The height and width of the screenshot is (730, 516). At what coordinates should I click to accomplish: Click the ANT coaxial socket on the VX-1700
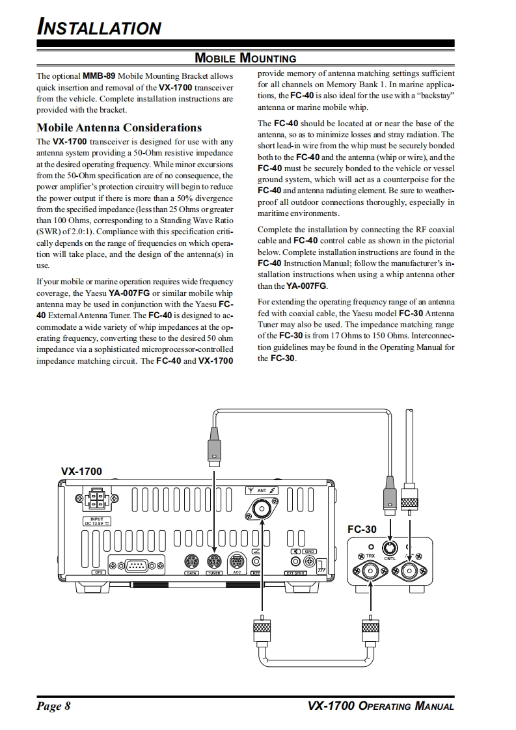[263, 509]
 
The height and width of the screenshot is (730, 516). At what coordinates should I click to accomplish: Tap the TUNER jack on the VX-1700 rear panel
[213, 561]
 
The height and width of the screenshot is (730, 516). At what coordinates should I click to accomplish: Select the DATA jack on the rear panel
[192, 561]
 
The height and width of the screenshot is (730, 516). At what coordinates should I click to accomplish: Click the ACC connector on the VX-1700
[237, 561]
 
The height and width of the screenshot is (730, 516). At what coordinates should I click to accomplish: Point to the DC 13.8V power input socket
[97, 500]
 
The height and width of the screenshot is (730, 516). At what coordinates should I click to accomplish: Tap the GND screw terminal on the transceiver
[310, 561]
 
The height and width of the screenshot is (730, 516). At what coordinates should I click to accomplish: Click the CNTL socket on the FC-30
[390, 547]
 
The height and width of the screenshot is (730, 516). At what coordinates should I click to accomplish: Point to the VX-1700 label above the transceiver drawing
[81, 471]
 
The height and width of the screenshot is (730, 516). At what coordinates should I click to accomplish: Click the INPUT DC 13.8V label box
[97, 520]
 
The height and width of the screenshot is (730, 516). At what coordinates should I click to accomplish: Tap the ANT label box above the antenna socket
[262, 490]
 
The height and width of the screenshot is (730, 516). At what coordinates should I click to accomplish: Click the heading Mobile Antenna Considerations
[119, 128]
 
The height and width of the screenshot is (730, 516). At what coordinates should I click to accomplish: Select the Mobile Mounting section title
[245, 59]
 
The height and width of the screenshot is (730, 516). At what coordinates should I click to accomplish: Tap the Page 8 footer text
[53, 707]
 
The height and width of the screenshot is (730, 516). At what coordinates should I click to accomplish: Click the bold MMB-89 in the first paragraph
[99, 76]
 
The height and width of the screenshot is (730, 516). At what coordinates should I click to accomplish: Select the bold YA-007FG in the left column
[129, 293]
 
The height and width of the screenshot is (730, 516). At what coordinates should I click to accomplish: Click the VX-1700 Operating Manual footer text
[381, 707]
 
